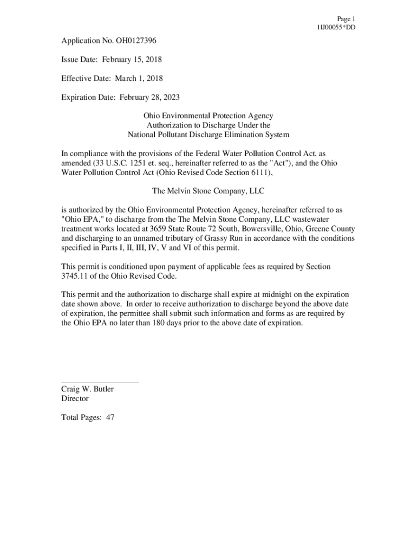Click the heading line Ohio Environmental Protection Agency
[208, 115]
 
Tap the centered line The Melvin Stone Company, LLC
[208, 191]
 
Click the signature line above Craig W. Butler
[100, 383]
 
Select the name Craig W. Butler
[87, 389]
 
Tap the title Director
[75, 398]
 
